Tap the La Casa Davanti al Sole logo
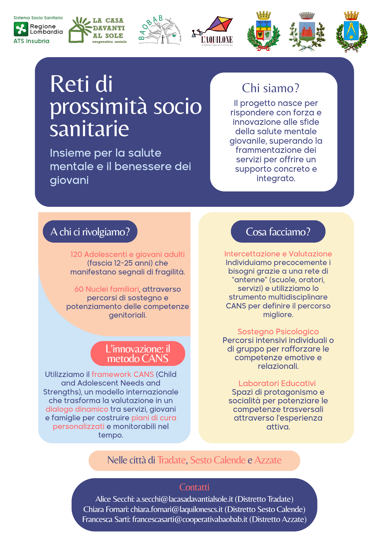point(98,30)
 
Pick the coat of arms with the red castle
point(307,32)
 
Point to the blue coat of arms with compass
point(352,32)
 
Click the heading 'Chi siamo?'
point(271,88)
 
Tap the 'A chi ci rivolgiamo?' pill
point(90,232)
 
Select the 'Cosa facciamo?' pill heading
point(278,232)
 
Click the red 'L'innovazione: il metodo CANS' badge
point(138,353)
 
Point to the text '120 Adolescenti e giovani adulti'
point(127,254)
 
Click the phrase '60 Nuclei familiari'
point(106,289)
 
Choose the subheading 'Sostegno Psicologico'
point(278,331)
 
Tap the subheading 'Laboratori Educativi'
point(277,383)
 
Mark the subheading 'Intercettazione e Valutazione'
point(278,254)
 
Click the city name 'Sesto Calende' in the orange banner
point(218,460)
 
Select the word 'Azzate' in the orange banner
point(268,460)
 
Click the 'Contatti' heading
point(194,487)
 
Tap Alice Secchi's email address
point(185,499)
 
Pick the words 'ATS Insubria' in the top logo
point(32,41)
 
